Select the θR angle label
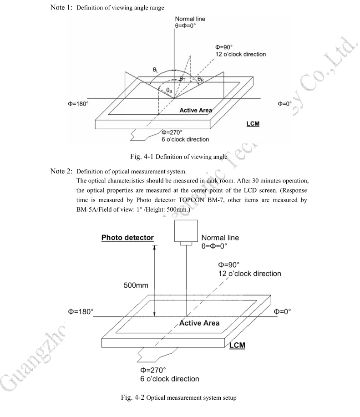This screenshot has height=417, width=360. (x=200, y=79)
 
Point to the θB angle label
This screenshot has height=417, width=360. (x=168, y=90)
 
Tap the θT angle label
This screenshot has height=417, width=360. (x=183, y=79)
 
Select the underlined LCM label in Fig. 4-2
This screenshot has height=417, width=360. (x=238, y=345)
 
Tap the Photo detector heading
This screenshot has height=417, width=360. (x=128, y=237)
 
